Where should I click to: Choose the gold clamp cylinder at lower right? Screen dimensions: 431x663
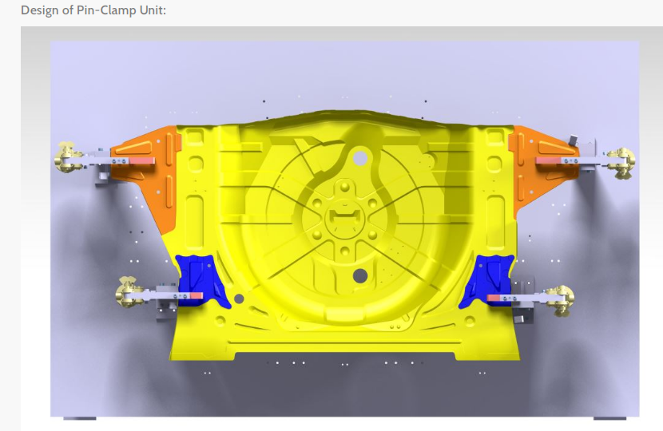(x=560, y=299)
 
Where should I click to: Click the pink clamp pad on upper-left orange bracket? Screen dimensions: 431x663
(x=143, y=161)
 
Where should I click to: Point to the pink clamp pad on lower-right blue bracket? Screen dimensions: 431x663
(x=496, y=298)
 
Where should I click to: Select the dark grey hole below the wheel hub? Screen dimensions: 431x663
(x=359, y=276)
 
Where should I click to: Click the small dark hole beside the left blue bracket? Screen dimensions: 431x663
(x=238, y=299)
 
